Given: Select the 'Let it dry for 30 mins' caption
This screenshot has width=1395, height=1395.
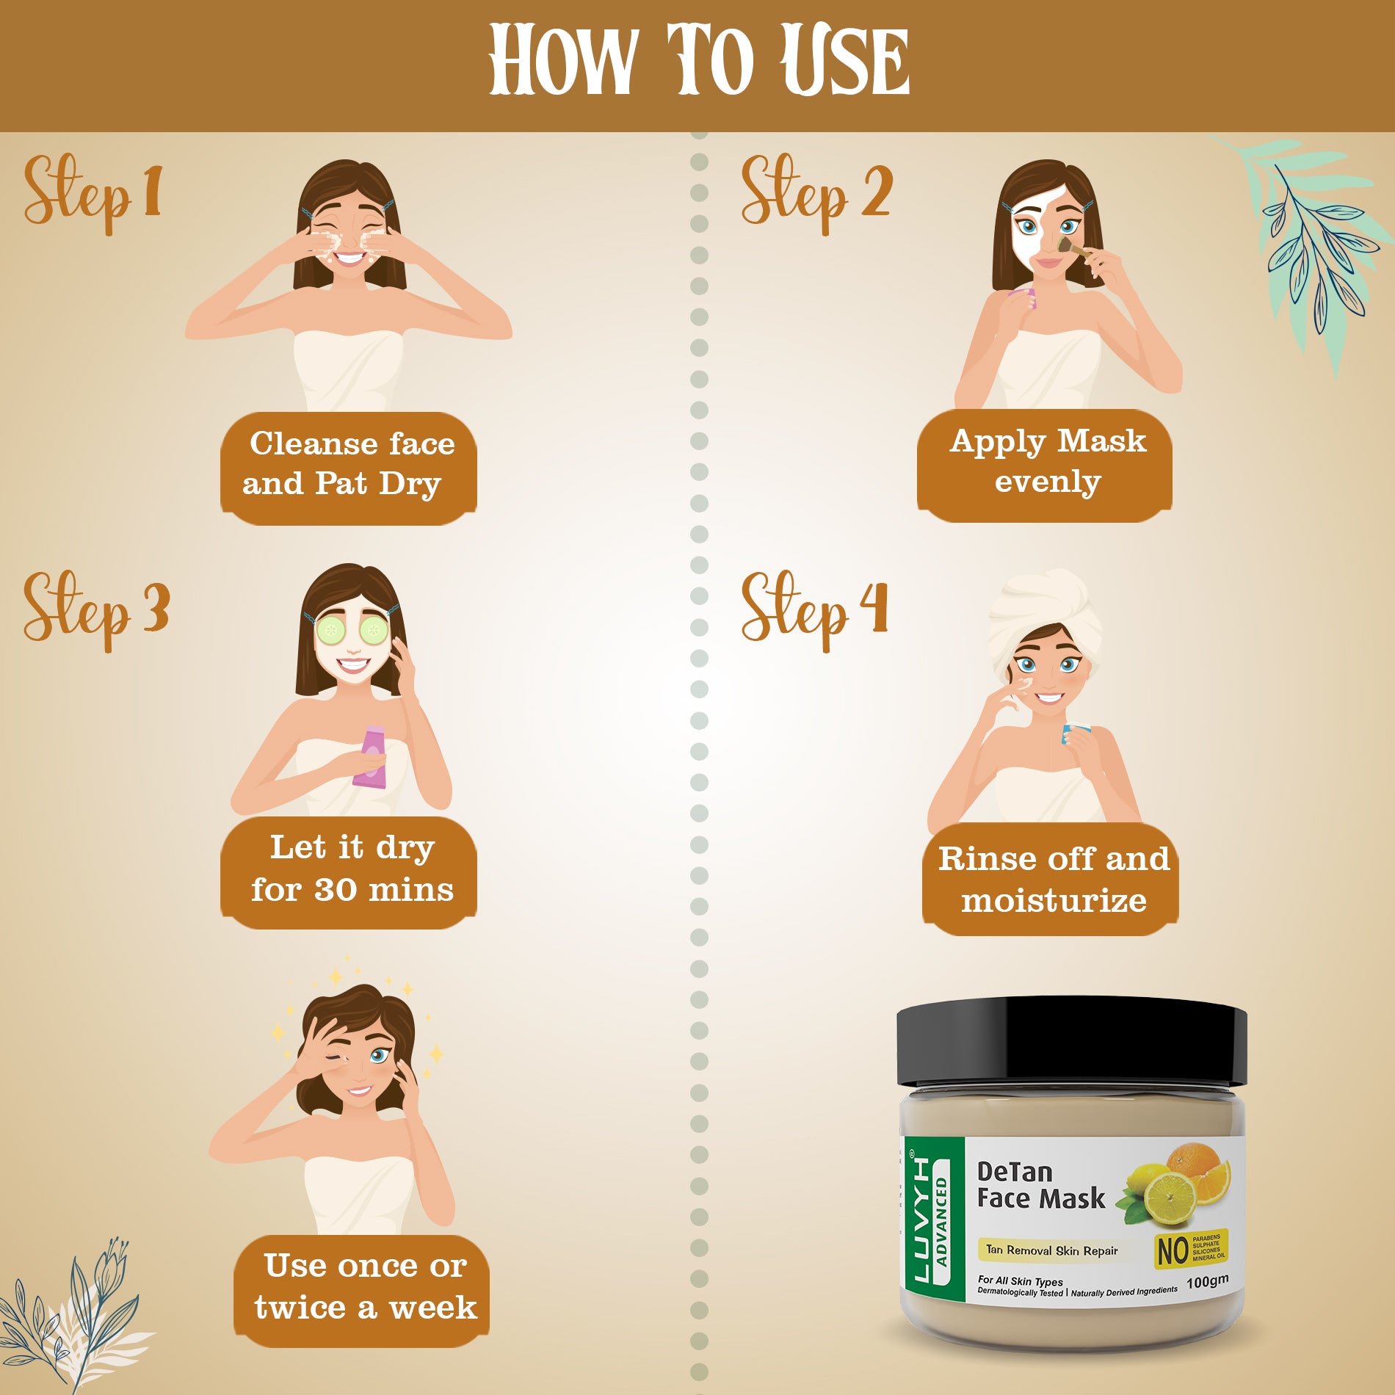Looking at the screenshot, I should pyautogui.click(x=350, y=871).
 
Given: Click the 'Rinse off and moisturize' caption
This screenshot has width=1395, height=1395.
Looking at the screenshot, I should pyautogui.click(x=1051, y=880).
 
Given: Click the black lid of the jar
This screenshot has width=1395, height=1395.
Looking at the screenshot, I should pyautogui.click(x=1072, y=1040).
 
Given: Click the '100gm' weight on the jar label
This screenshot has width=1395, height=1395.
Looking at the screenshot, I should pyautogui.click(x=1206, y=1282).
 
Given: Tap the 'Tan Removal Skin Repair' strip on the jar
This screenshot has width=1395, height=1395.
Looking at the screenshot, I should pyautogui.click(x=1051, y=1250).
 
